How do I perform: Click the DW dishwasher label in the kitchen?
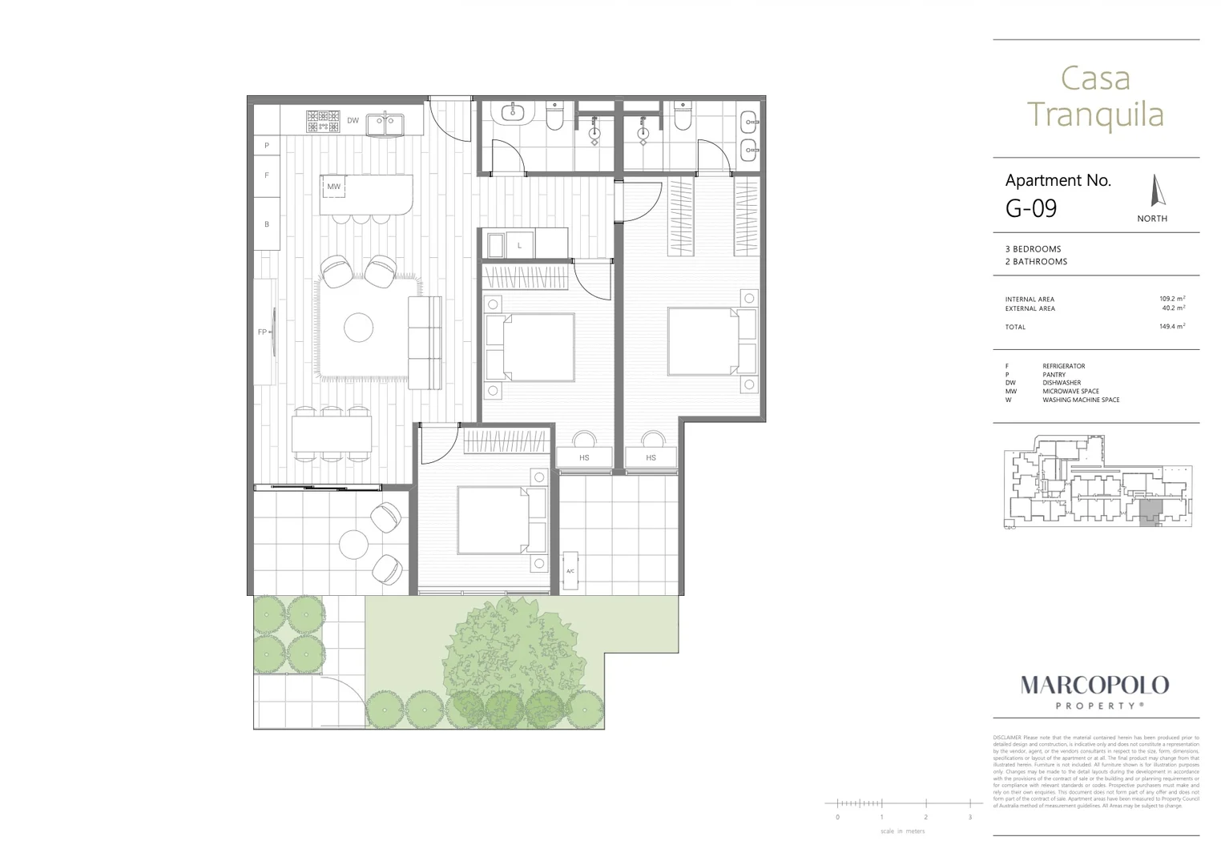click(353, 121)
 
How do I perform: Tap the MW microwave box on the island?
click(334, 187)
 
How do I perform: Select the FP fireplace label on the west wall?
click(262, 332)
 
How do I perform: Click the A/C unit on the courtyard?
click(570, 570)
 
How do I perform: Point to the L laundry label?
click(519, 245)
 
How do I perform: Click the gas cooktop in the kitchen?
click(322, 121)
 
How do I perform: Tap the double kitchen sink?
click(385, 124)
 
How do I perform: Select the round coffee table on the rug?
click(358, 327)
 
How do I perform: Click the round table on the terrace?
click(353, 545)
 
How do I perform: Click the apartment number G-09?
click(1031, 208)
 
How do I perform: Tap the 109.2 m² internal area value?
click(1171, 299)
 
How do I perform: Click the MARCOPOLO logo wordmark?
click(1094, 686)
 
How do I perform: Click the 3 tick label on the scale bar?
click(969, 817)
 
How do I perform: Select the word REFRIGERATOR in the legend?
click(1063, 366)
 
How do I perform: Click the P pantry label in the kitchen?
click(267, 146)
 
